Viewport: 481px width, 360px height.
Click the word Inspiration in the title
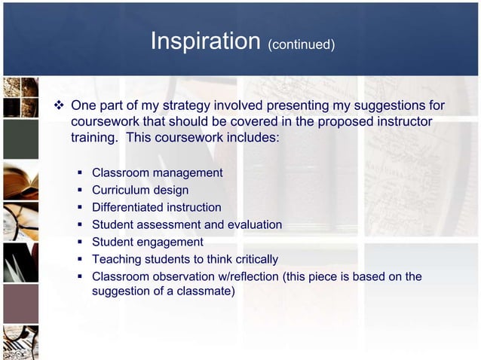tap(205, 41)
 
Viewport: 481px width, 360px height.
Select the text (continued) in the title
tap(301, 44)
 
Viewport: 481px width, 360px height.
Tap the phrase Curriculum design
tap(140, 190)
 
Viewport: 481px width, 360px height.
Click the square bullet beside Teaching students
tap(80, 259)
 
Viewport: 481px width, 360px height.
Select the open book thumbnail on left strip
tap(20, 181)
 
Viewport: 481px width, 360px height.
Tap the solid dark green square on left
tap(20, 139)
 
